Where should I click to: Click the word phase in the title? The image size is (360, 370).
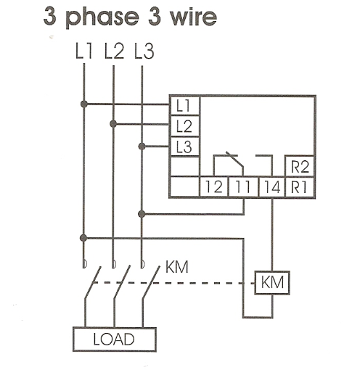click(102, 17)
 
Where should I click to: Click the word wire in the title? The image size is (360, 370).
click(193, 16)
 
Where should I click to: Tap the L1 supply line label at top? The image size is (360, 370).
click(84, 51)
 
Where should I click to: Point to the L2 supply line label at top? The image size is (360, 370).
click(114, 51)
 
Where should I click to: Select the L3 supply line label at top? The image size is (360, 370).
click(144, 51)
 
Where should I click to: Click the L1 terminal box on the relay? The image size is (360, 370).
click(185, 106)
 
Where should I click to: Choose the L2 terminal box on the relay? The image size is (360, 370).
click(185, 126)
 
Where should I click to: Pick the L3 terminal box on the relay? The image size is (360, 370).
click(185, 147)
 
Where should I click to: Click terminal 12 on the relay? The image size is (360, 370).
click(214, 187)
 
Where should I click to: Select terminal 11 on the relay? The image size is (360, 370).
click(243, 187)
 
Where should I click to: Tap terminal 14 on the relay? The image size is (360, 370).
click(272, 187)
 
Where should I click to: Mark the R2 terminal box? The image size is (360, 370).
click(300, 166)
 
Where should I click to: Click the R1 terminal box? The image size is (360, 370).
click(300, 187)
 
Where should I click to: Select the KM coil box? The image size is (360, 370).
click(272, 282)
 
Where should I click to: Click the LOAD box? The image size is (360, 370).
click(115, 340)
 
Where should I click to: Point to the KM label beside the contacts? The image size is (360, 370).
click(177, 267)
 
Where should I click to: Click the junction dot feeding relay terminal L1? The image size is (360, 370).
click(84, 104)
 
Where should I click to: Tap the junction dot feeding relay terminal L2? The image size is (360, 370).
click(113, 124)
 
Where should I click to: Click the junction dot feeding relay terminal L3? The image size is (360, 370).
click(142, 147)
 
